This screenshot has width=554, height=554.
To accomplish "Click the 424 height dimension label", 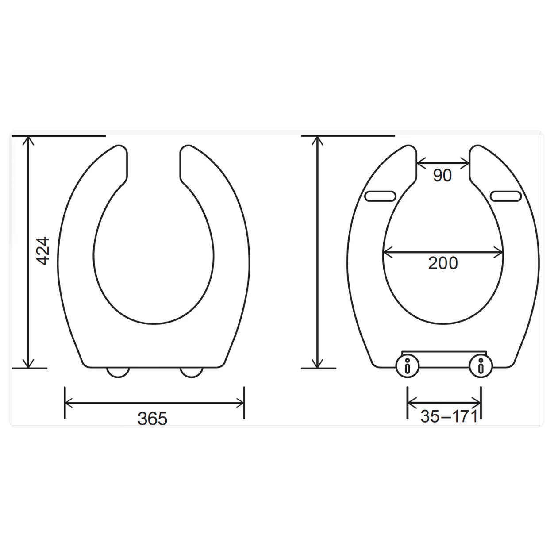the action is [42, 251].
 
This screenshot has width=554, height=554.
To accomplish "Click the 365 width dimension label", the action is [152, 419].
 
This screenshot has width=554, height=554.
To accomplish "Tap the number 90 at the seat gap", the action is [442, 175].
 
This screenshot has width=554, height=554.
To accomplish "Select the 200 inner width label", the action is [443, 263].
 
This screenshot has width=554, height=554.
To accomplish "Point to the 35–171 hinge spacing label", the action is [449, 416].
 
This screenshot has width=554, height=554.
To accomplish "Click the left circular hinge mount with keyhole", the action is [408, 366].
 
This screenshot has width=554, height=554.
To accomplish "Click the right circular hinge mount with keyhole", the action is [481, 366].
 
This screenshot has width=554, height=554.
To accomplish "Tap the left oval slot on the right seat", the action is [380, 196].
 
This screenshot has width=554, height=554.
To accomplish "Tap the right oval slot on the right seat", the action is [505, 196].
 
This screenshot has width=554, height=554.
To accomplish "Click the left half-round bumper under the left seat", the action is [118, 373].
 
